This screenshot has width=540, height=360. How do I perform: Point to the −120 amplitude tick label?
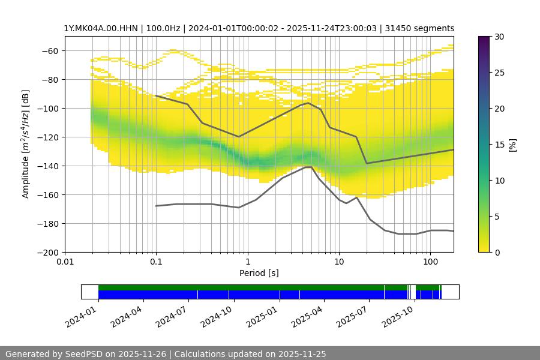pos(48,137)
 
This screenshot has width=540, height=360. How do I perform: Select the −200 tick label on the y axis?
pos(48,253)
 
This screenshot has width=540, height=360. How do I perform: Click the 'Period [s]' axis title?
pos(259,274)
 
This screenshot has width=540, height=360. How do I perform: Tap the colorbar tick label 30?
pos(499,37)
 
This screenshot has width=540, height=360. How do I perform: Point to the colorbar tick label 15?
pos(499,145)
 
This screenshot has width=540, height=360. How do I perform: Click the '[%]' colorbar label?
pos(512,145)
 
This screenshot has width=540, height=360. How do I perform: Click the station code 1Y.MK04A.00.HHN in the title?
pos(100,28)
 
